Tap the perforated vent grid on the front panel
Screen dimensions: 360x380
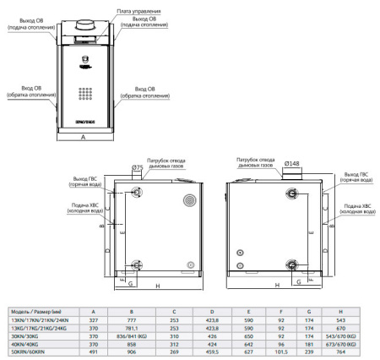(x=86, y=94)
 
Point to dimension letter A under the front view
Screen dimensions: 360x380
(x=84, y=145)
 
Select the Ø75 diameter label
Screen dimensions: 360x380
(x=137, y=167)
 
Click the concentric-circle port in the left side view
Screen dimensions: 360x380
(x=188, y=201)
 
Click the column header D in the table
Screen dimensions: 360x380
(x=211, y=312)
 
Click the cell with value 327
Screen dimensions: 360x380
(x=92, y=320)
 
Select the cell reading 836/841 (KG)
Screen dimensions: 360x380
(x=133, y=335)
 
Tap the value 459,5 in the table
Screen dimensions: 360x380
(x=211, y=352)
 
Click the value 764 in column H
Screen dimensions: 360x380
(x=340, y=352)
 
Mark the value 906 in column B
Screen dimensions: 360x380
(x=133, y=352)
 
